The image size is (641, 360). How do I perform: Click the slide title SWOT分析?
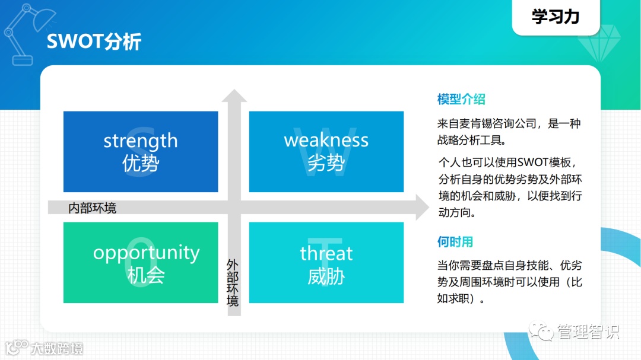(x=94, y=42)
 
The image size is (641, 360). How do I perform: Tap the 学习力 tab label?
(x=555, y=17)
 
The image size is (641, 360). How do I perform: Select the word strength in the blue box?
(x=141, y=141)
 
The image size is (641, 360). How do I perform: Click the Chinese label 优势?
(x=141, y=163)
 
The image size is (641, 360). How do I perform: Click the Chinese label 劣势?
(x=326, y=163)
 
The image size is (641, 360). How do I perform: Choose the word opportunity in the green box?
(x=146, y=253)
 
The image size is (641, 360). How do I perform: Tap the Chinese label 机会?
(x=146, y=275)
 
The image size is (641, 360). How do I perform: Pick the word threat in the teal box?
(x=326, y=254)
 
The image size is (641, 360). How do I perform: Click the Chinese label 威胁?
(x=326, y=276)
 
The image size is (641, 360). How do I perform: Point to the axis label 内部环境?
(x=93, y=208)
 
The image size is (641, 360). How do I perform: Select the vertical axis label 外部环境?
(x=233, y=282)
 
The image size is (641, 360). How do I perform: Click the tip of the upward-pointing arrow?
(x=235, y=91)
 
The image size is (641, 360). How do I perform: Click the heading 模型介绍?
(x=461, y=99)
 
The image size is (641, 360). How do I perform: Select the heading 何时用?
(x=455, y=241)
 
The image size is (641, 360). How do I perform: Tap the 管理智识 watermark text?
(x=587, y=332)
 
